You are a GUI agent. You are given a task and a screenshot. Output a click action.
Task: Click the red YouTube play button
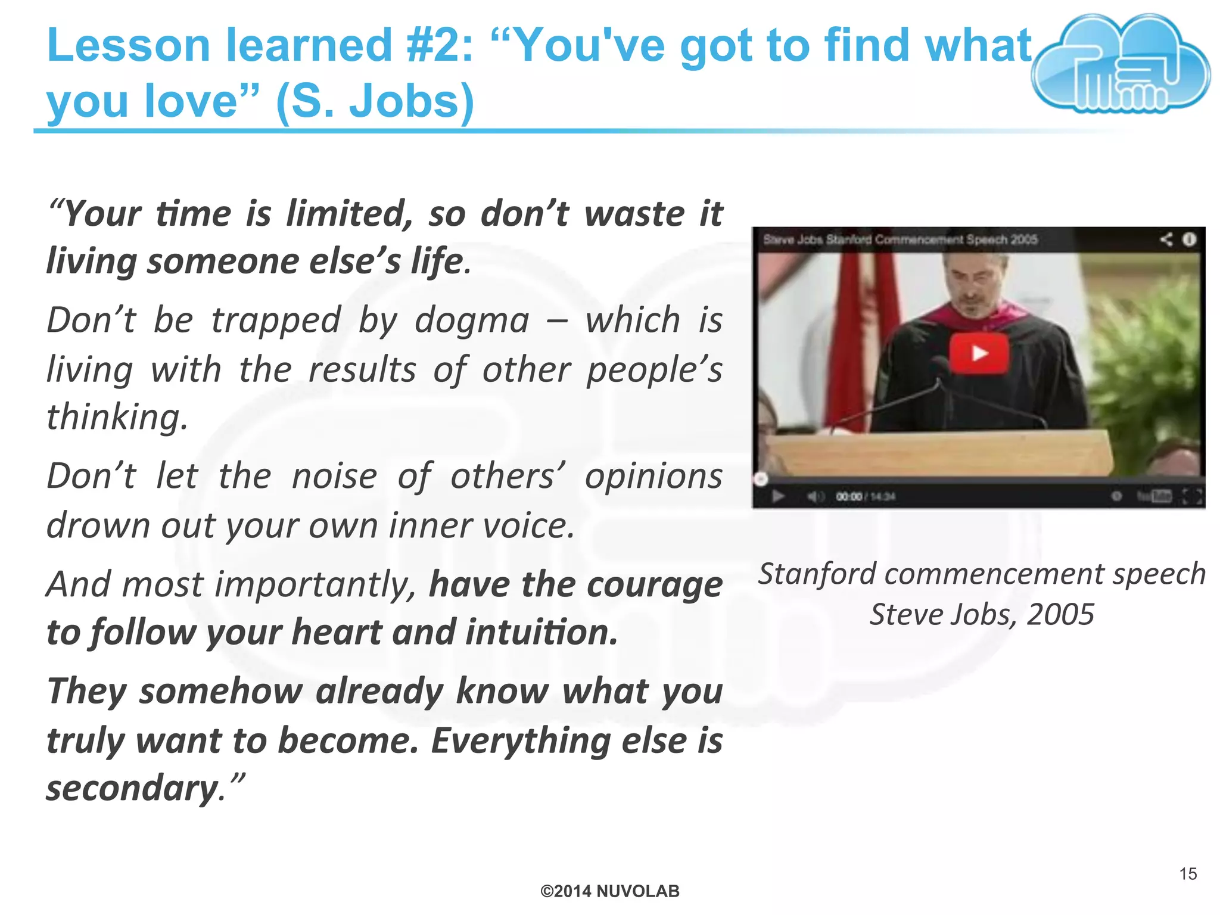[979, 353]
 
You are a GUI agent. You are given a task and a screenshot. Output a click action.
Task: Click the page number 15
[1188, 874]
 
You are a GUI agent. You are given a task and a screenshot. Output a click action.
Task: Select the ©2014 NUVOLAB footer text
[609, 891]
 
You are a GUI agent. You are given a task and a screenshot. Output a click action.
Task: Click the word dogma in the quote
[472, 321]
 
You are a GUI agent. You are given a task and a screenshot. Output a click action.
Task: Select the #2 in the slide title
[440, 46]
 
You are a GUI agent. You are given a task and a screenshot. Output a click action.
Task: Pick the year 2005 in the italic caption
[1060, 615]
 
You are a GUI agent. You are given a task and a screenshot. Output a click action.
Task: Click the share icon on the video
[1166, 239]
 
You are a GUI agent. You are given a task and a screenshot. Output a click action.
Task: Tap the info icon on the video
[1189, 239]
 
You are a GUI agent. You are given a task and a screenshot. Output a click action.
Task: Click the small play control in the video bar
[777, 496]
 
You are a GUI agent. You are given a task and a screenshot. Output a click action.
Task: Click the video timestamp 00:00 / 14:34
[865, 497]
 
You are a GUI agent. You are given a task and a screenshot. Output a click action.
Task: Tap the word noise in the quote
[334, 477]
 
